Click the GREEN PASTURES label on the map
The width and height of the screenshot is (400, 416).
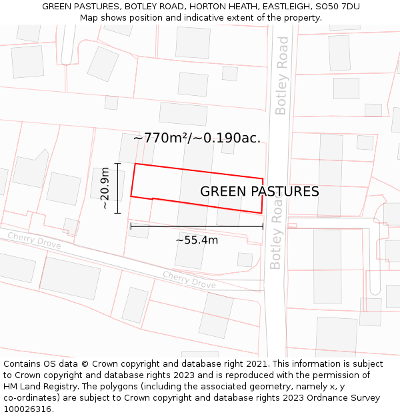259,192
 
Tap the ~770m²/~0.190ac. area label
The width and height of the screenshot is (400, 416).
197,138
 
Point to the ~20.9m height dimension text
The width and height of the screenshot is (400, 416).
105,188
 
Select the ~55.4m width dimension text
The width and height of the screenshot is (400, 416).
197,240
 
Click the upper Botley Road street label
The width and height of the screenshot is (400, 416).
282,75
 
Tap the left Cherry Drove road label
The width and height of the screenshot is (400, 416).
34,240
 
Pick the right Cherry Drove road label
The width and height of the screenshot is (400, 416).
189,280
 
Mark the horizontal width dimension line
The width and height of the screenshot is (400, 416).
197,226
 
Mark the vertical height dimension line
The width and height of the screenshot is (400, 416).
118,188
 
